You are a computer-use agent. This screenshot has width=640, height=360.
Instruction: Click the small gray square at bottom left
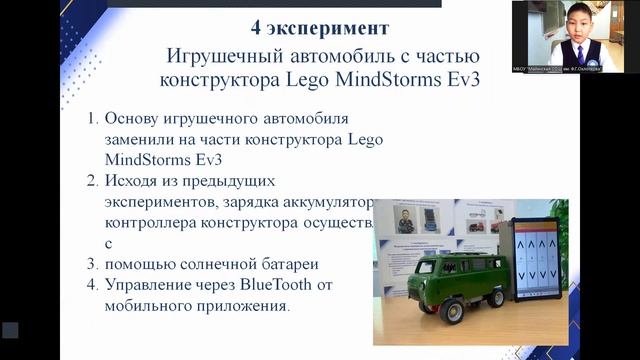point(10,330)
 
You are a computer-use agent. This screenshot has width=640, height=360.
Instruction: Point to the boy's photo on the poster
point(404,219)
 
